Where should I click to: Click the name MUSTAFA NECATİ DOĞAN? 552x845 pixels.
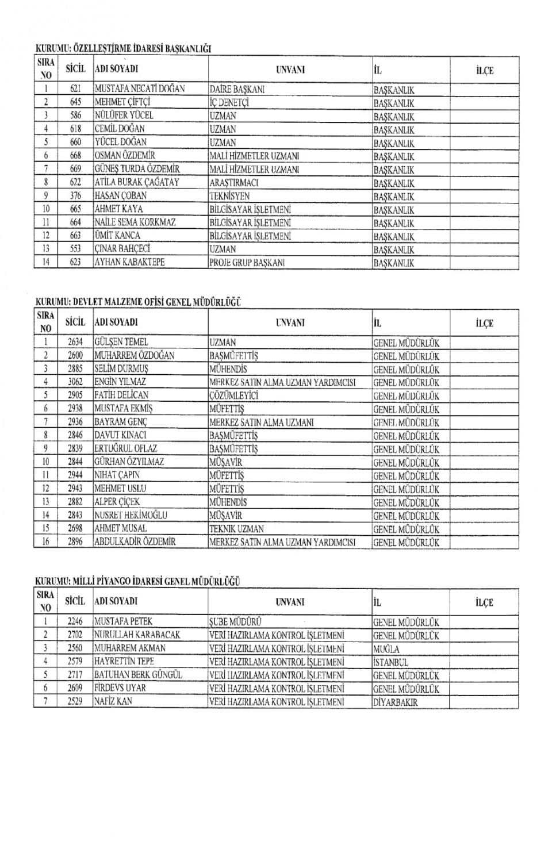click(x=139, y=89)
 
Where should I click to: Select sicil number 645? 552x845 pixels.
click(x=75, y=102)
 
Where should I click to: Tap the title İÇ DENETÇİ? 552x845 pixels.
click(x=228, y=103)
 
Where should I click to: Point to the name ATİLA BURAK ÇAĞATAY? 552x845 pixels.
click(x=137, y=182)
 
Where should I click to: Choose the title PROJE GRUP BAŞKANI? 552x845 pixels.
click(x=247, y=263)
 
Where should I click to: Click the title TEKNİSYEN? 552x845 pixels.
click(x=229, y=196)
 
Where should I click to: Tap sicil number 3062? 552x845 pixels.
click(x=75, y=382)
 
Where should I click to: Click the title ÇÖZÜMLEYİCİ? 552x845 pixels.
click(x=234, y=395)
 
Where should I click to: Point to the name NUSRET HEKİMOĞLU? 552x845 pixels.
click(x=131, y=515)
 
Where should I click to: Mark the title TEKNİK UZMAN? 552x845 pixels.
click(x=236, y=529)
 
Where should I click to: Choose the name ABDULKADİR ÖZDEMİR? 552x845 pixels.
click(x=135, y=541)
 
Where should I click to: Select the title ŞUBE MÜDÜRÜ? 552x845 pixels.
click(x=235, y=622)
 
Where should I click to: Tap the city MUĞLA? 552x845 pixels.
click(x=386, y=649)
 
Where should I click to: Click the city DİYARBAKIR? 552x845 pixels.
click(x=395, y=702)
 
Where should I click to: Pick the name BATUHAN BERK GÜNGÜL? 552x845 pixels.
click(x=138, y=675)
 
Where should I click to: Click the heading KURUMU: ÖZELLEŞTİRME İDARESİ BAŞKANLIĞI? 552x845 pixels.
click(x=124, y=49)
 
